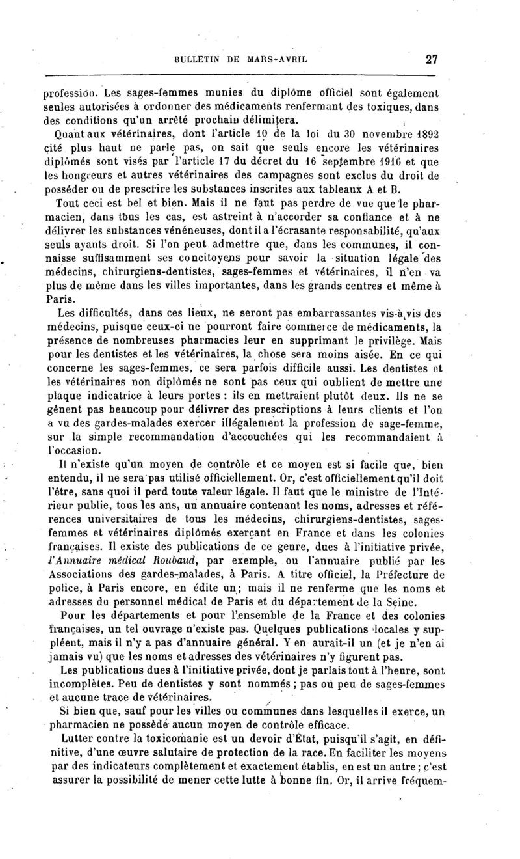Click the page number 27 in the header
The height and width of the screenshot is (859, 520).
tap(432, 59)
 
